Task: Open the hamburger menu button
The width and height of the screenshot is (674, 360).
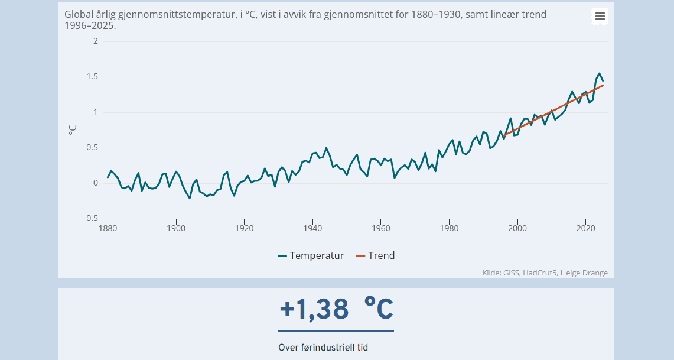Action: [x=600, y=17]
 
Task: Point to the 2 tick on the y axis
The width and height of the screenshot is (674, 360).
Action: [x=96, y=41]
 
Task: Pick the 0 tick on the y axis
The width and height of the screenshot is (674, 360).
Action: [x=96, y=183]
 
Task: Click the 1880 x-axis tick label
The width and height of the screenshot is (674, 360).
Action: [x=108, y=228]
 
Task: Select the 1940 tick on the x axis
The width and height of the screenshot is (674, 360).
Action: [x=312, y=228]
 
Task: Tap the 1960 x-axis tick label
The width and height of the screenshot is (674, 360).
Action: [x=381, y=228]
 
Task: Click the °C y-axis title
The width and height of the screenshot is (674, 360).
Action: [x=73, y=129]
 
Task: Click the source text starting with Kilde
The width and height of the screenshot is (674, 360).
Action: [x=545, y=273]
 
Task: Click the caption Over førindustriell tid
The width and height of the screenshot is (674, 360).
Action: [x=323, y=348]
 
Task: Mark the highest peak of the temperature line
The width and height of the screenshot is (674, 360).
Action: [x=600, y=73]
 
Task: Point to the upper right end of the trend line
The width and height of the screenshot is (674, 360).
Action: [x=603, y=86]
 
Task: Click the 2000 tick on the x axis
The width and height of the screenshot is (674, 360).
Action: [x=517, y=228]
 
